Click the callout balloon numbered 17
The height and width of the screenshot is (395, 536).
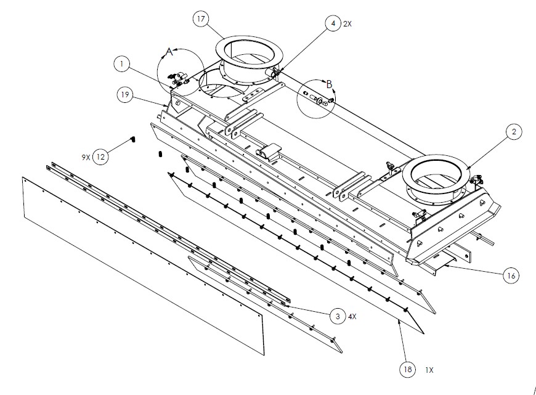point(200,19)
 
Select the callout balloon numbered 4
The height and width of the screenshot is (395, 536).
point(333,24)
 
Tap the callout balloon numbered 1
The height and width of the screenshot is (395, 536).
point(122,63)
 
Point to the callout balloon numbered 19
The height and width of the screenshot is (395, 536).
point(124,94)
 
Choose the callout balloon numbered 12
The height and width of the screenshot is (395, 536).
point(101,157)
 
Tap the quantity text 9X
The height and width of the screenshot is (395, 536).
point(86,157)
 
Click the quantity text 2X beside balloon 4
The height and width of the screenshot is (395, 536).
point(347,24)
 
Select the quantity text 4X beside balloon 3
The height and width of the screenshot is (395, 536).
point(352,317)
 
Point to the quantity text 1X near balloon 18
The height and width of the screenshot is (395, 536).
point(429,370)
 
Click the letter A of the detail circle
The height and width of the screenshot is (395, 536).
point(171,52)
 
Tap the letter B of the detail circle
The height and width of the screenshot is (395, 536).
point(329,83)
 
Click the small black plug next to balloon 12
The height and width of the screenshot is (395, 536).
point(131,140)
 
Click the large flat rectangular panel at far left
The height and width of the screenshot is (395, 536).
point(142,265)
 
